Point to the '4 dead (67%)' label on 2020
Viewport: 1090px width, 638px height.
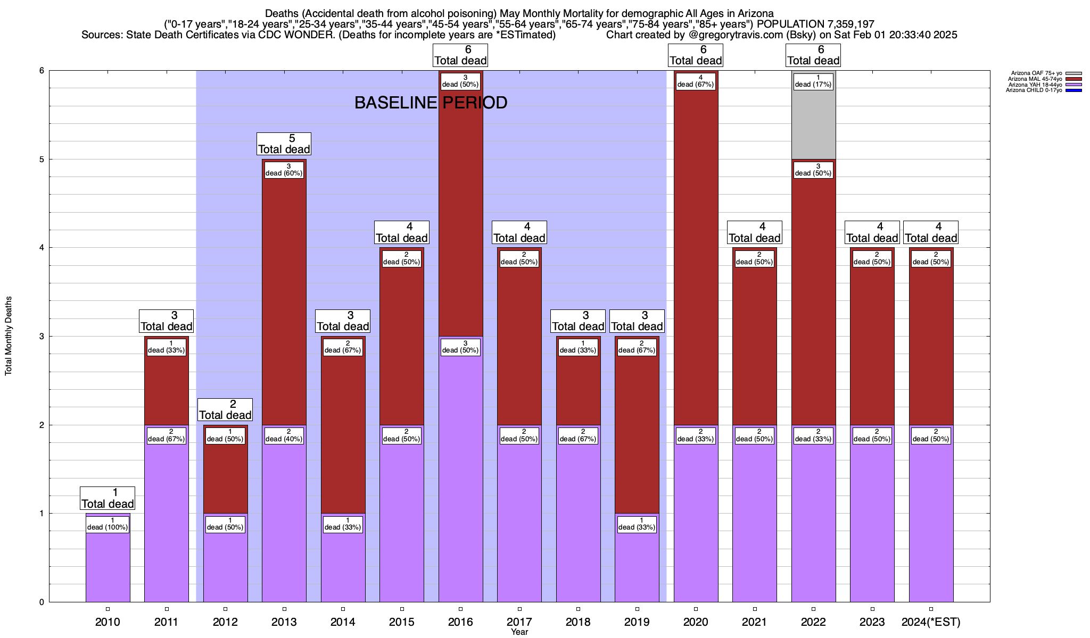(x=696, y=81)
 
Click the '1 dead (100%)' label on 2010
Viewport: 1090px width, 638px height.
(x=108, y=524)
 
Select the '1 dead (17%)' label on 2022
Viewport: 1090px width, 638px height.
(x=813, y=81)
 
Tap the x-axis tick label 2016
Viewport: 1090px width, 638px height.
(x=460, y=622)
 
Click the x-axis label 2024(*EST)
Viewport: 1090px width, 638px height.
(x=931, y=622)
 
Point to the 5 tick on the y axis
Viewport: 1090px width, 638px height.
(x=41, y=159)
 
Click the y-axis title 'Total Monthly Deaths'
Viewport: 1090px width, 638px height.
(x=9, y=336)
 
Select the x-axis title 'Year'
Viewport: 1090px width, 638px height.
(x=519, y=632)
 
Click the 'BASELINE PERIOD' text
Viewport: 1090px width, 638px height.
(x=431, y=103)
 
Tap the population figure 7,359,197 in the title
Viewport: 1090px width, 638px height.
(x=841, y=24)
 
